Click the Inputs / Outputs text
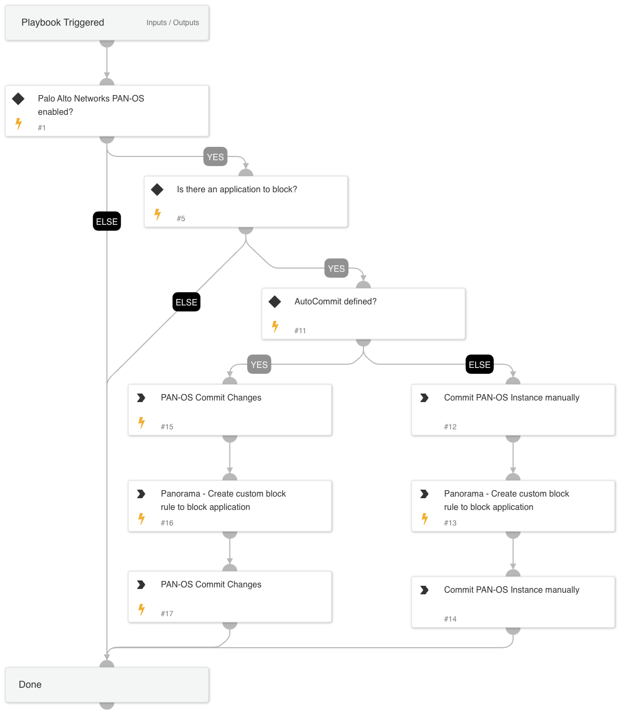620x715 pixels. click(173, 22)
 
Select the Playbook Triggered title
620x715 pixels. click(63, 22)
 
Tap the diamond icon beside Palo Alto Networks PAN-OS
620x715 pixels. click(18, 98)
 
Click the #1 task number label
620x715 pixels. click(42, 128)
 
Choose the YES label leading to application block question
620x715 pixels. click(215, 157)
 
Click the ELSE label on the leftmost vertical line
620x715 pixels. click(107, 222)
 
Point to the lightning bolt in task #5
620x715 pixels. click(158, 214)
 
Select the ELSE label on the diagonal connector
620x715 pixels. click(187, 302)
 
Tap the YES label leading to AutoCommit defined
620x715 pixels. click(336, 269)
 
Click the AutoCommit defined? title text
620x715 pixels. click(335, 301)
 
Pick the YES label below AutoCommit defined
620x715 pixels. click(259, 365)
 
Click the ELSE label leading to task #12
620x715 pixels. click(479, 365)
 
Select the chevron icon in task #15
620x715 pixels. click(141, 398)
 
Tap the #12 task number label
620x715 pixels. click(450, 427)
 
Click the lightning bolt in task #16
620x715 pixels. click(142, 518)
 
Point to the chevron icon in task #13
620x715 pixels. click(424, 494)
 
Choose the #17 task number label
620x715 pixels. click(167, 614)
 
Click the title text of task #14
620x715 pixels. click(511, 590)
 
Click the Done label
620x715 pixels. click(30, 685)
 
